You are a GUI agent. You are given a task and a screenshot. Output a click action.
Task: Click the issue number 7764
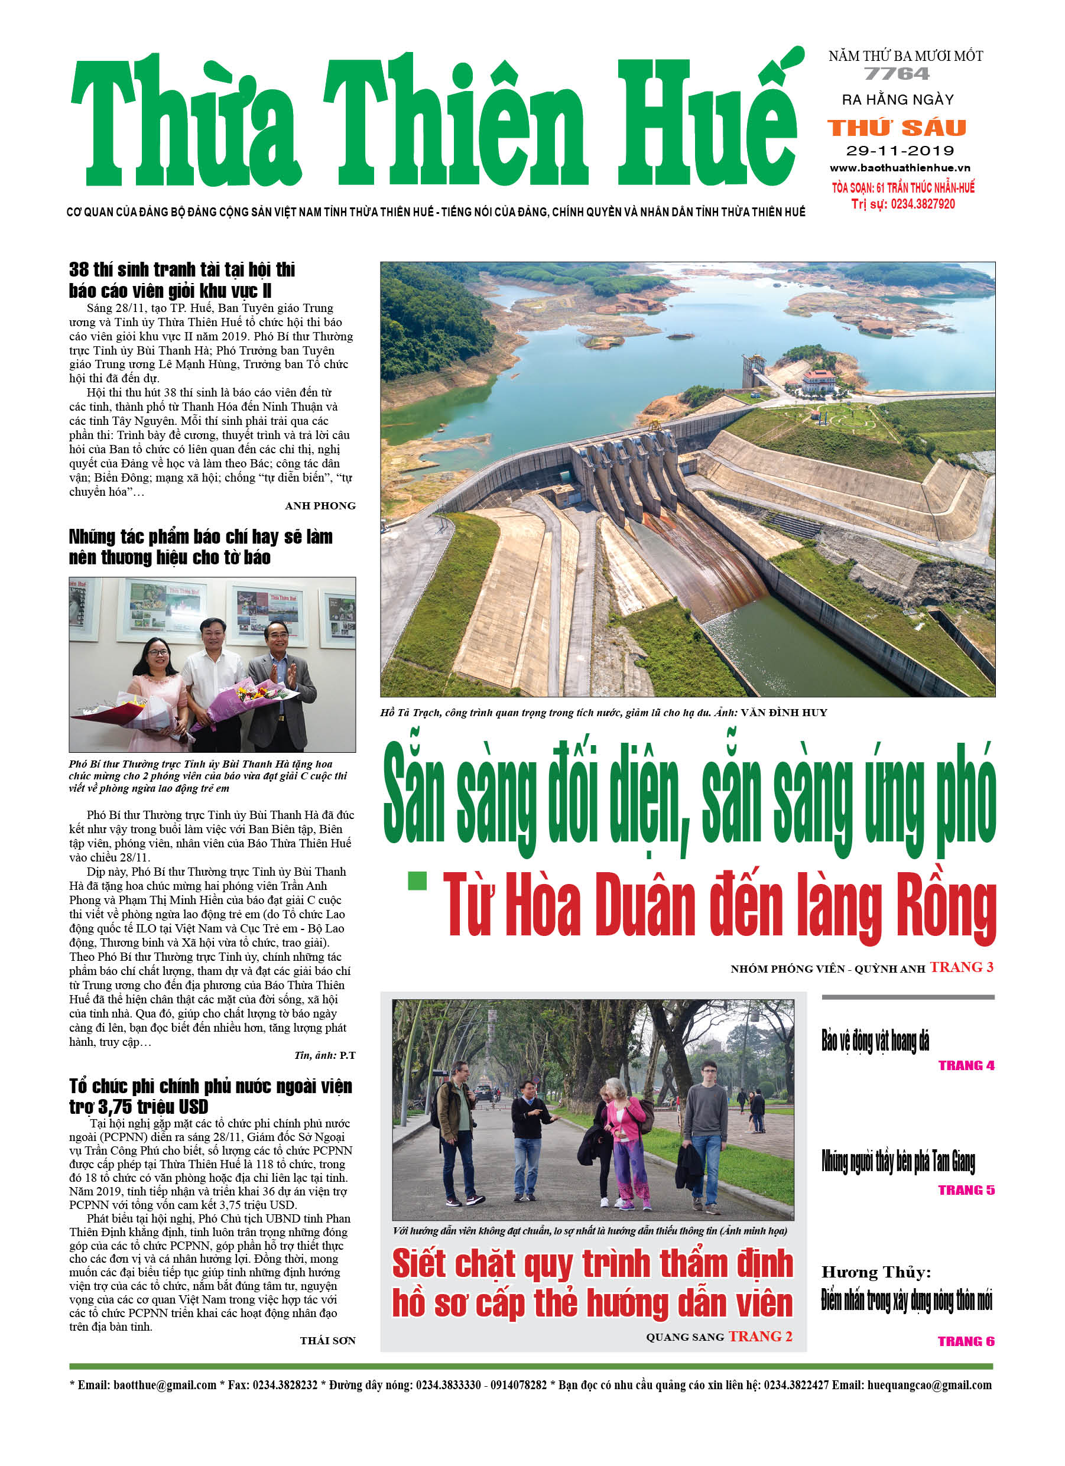[897, 74]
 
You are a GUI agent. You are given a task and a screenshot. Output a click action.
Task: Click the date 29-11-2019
[900, 151]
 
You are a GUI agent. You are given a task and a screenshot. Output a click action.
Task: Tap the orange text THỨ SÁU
[897, 128]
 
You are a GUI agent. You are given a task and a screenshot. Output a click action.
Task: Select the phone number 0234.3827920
[923, 204]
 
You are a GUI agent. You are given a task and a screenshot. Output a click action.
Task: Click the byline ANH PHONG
[320, 506]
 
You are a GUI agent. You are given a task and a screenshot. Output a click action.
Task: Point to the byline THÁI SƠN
[327, 1341]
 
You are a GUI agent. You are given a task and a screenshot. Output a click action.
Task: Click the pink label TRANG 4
[966, 1065]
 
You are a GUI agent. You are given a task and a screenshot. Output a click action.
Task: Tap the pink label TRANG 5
[966, 1190]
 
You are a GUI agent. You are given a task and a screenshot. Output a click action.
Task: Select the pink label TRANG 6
[966, 1341]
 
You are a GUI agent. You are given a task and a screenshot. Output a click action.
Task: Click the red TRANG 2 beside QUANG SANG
[761, 1336]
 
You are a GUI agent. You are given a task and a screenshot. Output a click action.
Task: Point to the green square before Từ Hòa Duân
[418, 880]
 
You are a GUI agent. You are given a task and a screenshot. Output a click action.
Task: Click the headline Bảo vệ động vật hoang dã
[875, 1040]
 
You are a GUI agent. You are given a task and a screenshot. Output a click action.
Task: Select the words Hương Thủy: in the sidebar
[876, 1272]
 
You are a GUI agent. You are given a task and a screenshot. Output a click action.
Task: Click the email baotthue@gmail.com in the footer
[164, 1384]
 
